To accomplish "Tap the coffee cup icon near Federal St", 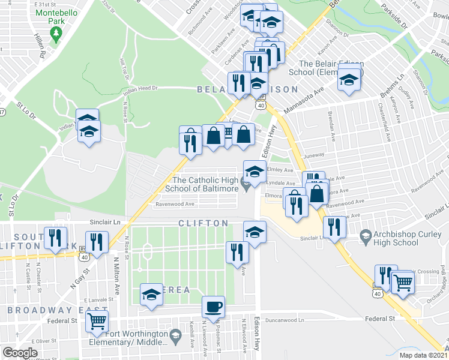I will click(213, 308).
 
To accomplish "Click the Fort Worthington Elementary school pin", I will click(175, 335).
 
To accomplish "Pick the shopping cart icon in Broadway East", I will click(97, 321).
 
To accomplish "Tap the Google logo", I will click(20, 353).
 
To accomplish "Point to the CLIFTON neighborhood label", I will click(203, 223).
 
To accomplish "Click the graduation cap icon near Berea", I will click(151, 295).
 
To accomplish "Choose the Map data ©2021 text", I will click(422, 355).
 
